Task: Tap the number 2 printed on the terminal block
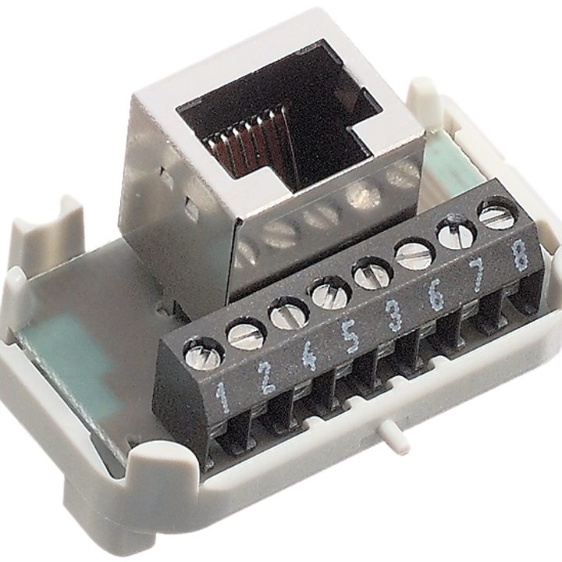pos(267,377)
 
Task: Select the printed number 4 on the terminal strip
pos(309,357)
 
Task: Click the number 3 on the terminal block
pos(395,315)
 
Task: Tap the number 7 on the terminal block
pos(478,276)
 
